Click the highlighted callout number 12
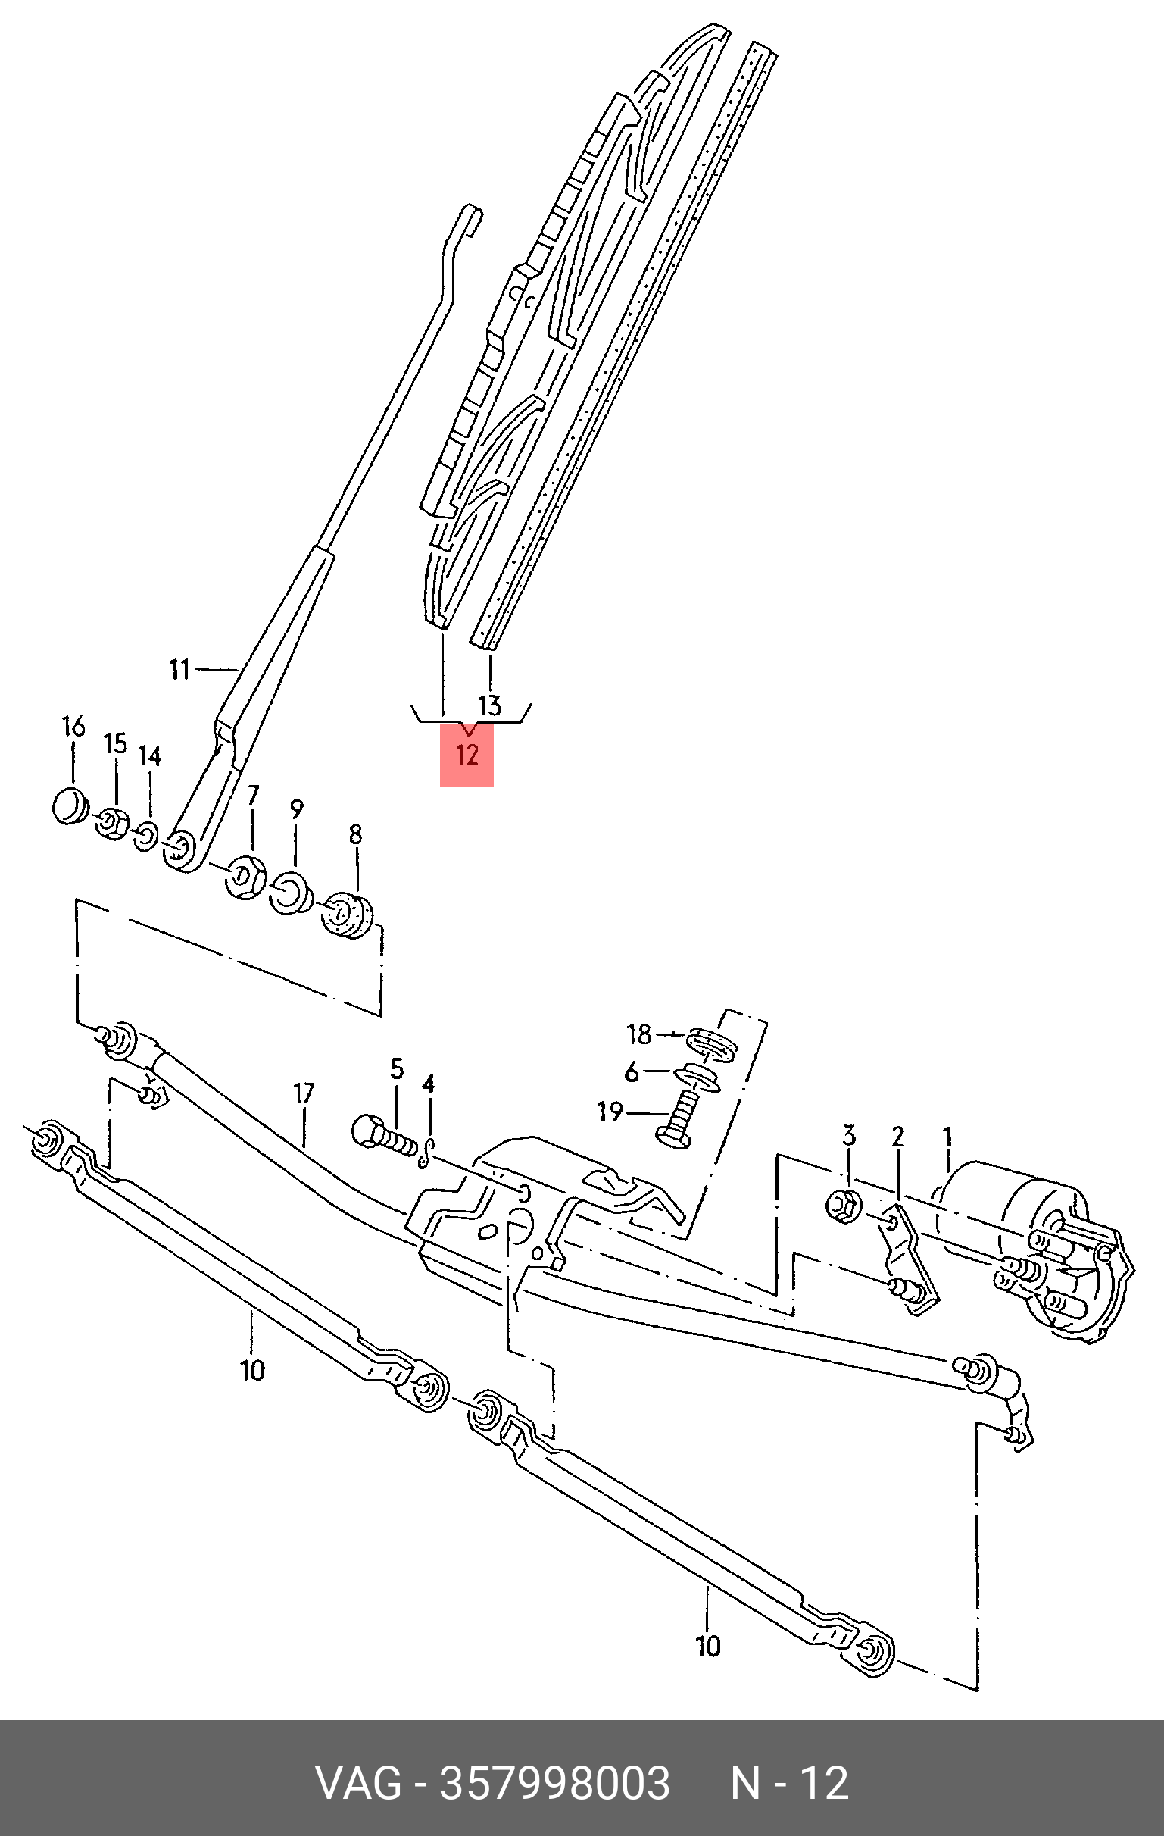coord(467,755)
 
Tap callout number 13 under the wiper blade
coord(490,705)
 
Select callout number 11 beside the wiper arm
coord(179,669)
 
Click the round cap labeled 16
coord(70,806)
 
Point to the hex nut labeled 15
coord(112,824)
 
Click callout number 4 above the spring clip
coord(429,1084)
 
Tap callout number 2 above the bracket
coord(898,1137)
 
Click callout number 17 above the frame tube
coord(304,1093)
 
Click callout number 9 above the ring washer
coord(297,809)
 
